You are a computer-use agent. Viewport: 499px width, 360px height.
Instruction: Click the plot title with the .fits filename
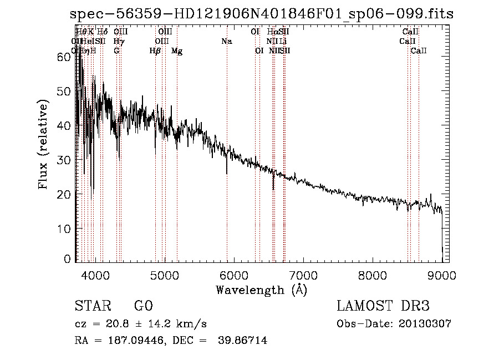point(262,14)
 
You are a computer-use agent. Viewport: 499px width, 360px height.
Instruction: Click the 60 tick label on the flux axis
point(65,57)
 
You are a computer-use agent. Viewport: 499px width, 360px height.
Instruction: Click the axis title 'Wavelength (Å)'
point(261,290)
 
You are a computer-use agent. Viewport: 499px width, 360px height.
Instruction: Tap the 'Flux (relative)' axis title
point(43,145)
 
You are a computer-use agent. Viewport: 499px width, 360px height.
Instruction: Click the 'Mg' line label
point(177,51)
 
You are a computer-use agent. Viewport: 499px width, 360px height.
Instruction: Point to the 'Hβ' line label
point(155,51)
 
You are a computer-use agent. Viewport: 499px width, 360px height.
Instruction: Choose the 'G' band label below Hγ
point(116,51)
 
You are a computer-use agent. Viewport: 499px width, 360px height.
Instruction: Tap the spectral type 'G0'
point(143,306)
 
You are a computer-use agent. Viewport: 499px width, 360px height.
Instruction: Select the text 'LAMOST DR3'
point(383,306)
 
